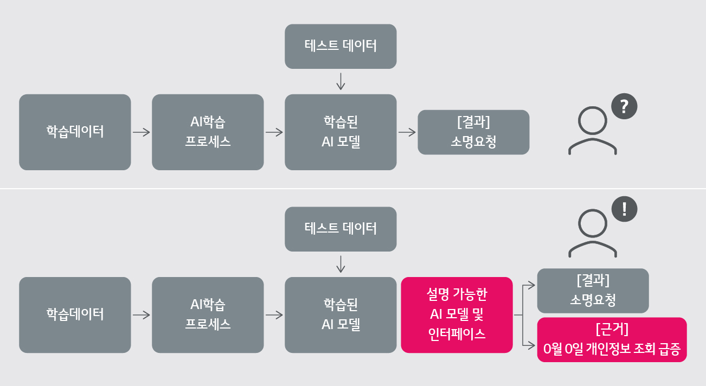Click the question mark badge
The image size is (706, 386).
tap(624, 107)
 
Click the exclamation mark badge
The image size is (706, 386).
tap(624, 209)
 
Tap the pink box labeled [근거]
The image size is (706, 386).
tap(612, 339)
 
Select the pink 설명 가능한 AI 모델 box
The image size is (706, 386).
tap(457, 315)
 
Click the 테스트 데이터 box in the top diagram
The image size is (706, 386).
tap(341, 46)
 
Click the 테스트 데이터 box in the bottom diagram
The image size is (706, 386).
tap(341, 229)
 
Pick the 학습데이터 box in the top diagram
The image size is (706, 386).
tap(75, 132)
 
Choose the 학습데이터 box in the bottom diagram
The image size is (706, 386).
tap(75, 315)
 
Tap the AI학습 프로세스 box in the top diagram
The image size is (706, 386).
tap(208, 132)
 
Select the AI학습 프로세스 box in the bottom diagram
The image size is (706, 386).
tap(208, 315)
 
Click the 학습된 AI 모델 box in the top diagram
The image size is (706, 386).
tap(341, 132)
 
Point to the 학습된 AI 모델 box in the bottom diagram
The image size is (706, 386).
tap(341, 315)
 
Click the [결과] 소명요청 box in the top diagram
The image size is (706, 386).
tap(473, 132)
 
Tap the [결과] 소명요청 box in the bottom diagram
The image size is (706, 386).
tap(593, 291)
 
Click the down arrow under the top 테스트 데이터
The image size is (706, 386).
tap(341, 81)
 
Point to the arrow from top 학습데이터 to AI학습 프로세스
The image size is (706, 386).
tap(141, 132)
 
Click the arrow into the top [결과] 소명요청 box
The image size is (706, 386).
tap(407, 132)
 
